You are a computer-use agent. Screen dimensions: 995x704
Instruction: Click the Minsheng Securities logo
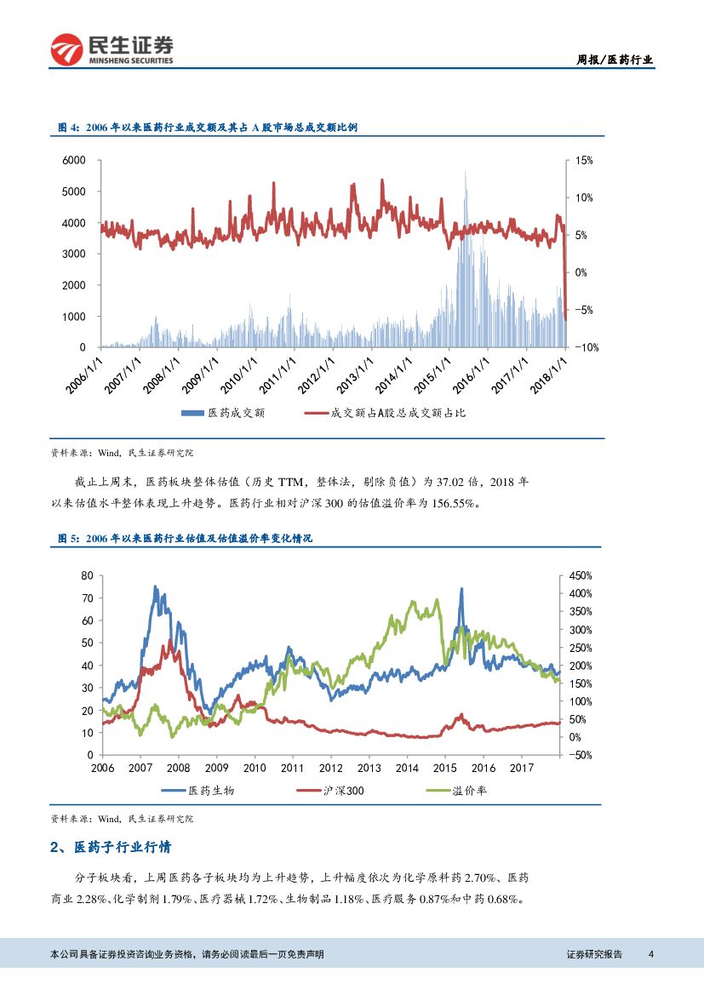[x=111, y=49]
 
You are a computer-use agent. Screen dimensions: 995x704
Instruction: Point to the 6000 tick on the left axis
[x=75, y=160]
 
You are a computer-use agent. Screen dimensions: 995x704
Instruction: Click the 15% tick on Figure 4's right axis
[x=584, y=160]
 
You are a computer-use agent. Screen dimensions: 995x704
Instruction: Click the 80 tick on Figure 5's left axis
[x=86, y=575]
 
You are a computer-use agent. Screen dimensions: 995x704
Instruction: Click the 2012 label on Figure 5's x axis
[x=330, y=768]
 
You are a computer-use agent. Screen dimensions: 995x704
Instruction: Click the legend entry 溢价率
[x=470, y=791]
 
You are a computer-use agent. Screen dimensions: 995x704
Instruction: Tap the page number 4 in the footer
[x=650, y=954]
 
